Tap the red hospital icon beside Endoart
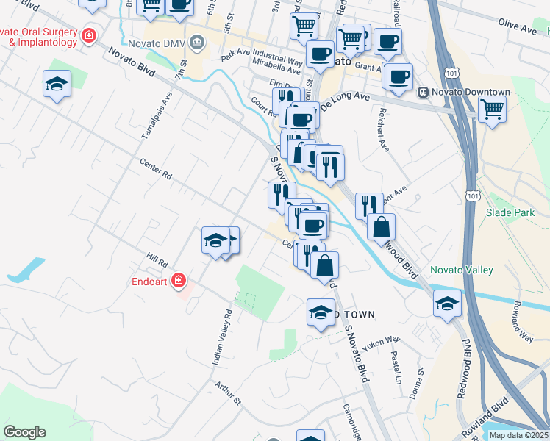point(178,280)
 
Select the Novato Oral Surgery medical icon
point(89,35)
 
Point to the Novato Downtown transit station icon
point(423,92)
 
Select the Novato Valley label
point(461,270)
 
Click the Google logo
point(24,432)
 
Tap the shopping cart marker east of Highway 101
point(492,110)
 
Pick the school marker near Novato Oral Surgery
point(57,83)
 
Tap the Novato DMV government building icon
point(197,42)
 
